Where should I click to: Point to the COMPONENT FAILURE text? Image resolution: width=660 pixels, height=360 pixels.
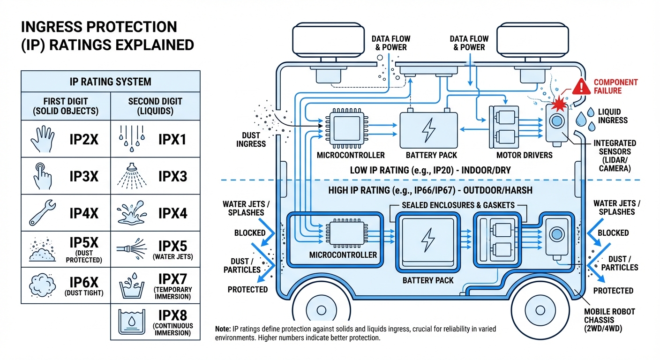click(x=615, y=86)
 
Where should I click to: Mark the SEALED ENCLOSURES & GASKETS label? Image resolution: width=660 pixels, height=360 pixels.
click(x=458, y=205)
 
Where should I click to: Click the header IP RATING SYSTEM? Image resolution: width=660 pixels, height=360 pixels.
click(x=111, y=82)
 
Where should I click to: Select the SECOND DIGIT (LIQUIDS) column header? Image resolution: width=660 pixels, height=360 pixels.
click(x=155, y=105)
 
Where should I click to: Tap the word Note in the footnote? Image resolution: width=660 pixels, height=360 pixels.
click(x=224, y=330)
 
